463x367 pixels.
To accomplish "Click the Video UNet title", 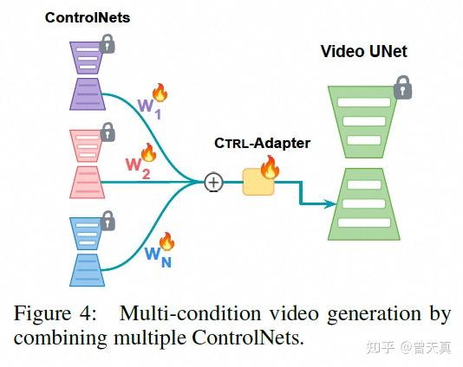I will pyautogui.click(x=363, y=51).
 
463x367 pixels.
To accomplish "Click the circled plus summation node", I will pyautogui.click(x=212, y=183).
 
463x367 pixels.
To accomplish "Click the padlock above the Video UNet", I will pyautogui.click(x=401, y=87).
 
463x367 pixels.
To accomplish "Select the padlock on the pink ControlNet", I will pyautogui.click(x=108, y=132).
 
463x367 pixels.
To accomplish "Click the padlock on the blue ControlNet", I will pyautogui.click(x=108, y=222).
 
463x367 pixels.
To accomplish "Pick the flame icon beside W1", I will pyautogui.click(x=160, y=93).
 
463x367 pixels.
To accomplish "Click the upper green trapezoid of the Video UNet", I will pyautogui.click(x=363, y=119).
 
